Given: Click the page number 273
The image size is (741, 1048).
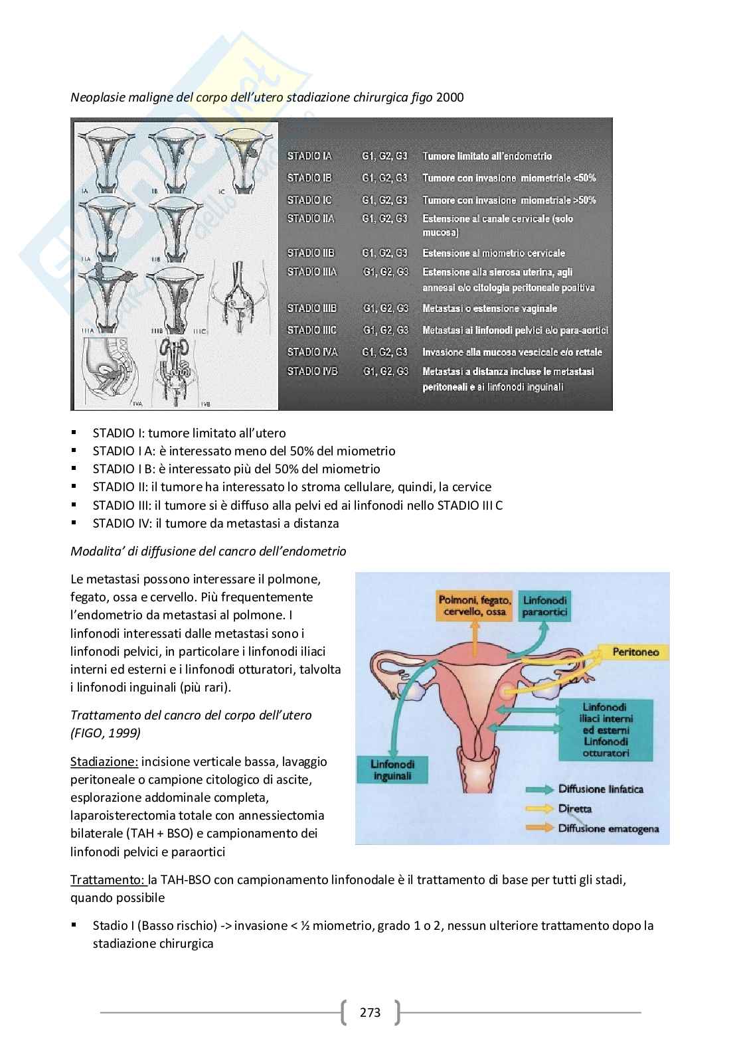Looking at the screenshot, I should pos(370,1012).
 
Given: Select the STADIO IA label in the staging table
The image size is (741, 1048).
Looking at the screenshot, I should pos(309,157).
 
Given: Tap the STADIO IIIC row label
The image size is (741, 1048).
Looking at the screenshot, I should pos(311,330).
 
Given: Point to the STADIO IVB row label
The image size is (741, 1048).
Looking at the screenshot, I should pos(311,372).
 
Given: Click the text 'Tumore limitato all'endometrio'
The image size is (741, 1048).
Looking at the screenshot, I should pos(487,157).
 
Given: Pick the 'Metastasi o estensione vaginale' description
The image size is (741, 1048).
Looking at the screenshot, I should pos(489,309).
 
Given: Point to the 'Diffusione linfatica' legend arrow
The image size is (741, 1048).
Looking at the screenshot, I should pos(538,790).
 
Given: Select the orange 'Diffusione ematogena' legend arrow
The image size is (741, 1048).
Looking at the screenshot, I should pos(538,828).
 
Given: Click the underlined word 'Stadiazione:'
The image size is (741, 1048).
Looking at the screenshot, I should pos(104,761).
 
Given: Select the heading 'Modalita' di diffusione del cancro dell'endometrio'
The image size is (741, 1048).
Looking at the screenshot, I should pos(208,552).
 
